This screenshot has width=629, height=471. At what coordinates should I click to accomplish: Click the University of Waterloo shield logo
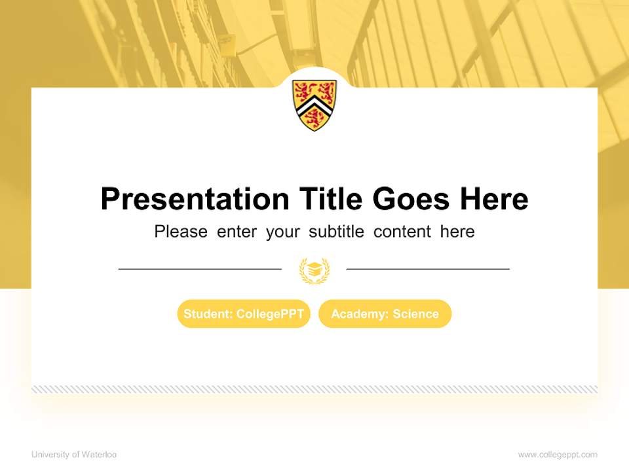314,105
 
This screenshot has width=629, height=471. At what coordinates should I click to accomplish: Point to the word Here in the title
494,199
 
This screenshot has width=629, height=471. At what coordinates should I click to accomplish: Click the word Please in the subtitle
181,232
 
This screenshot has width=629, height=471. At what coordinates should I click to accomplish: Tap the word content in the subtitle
402,232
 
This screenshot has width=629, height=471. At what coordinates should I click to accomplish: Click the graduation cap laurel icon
314,270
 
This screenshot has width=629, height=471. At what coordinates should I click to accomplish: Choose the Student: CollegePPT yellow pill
244,314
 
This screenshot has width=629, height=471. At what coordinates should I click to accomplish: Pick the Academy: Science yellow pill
385,314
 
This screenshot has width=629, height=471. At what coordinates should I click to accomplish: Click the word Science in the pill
415,314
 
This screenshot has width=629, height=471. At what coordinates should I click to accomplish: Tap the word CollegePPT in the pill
270,314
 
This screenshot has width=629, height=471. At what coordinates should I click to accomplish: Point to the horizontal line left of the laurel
200,268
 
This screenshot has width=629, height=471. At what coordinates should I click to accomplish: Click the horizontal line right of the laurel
428,268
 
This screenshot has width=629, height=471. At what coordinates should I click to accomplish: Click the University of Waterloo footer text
74,454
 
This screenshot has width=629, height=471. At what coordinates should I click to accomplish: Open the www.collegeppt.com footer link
558,454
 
